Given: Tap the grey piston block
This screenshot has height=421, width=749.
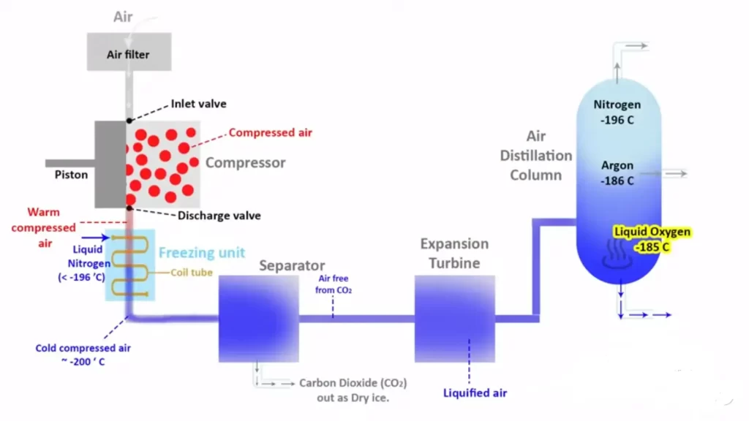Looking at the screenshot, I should [110, 164].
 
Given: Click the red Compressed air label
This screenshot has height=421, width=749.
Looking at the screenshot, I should [270, 132].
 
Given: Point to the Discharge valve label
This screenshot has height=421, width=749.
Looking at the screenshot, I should [219, 216].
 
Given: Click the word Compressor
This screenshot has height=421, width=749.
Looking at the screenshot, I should [245, 162].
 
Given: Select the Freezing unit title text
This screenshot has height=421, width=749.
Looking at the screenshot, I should [203, 253].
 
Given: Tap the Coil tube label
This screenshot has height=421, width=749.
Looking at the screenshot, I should [192, 273].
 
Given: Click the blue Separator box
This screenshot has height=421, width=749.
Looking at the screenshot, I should [257, 319].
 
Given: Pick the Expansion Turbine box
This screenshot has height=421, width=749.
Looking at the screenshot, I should [454, 319].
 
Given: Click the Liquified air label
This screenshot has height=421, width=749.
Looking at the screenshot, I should [475, 393].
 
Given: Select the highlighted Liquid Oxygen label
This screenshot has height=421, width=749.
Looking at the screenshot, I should [652, 239].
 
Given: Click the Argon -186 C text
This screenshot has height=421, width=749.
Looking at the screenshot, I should [618, 173].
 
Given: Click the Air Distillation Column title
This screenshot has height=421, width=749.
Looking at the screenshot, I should [536, 156].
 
